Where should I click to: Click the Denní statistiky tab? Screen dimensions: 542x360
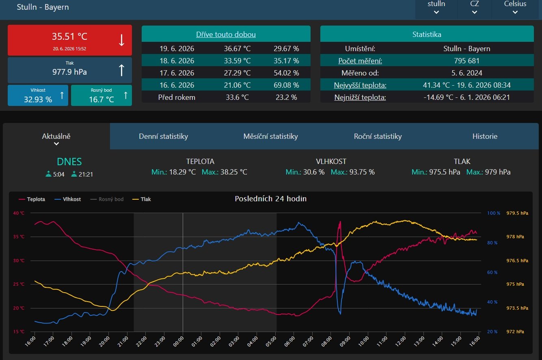(x=163, y=136)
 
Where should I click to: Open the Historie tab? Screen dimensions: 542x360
(x=485, y=136)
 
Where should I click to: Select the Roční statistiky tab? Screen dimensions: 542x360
(x=378, y=136)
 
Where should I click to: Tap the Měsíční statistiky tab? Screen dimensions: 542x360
(x=270, y=136)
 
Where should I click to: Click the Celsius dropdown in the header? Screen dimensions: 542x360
(x=515, y=7)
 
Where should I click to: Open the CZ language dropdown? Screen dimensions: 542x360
(x=475, y=7)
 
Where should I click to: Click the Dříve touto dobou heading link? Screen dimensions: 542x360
(x=226, y=34)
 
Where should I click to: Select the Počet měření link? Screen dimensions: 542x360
(x=360, y=61)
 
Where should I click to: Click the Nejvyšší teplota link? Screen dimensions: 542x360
(x=360, y=85)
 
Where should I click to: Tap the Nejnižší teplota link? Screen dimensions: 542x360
(x=360, y=97)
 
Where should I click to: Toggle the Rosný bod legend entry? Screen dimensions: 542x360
(x=107, y=199)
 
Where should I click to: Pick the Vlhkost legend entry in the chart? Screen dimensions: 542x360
(x=68, y=199)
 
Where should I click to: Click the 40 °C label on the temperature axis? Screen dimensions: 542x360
(x=19, y=213)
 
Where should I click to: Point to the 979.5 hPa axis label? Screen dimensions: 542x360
(x=517, y=213)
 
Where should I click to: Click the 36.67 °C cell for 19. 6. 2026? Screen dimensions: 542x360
(x=237, y=49)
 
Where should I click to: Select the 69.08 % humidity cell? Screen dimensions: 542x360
(x=286, y=85)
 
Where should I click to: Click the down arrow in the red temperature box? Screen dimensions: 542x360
(x=121, y=40)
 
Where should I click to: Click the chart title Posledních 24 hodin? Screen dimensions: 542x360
(x=270, y=198)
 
